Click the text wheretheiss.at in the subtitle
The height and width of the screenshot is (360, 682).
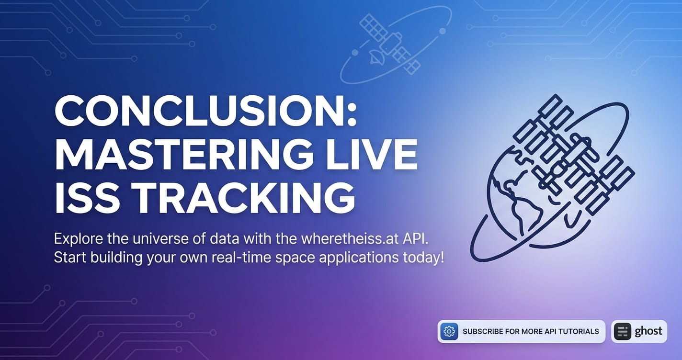(350, 239)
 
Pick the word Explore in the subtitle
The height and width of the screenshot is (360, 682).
(79, 239)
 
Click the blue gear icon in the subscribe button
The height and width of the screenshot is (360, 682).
(449, 331)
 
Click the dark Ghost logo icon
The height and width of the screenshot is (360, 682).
(622, 331)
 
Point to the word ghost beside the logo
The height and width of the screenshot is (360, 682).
(648, 331)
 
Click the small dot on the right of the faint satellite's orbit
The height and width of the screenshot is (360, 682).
(443, 31)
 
